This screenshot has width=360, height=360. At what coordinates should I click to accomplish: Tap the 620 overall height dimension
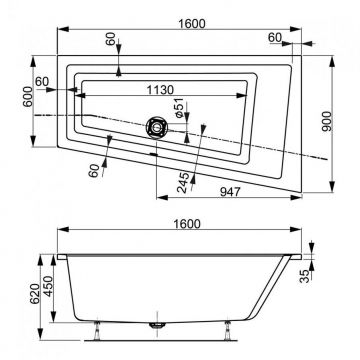pos(9,290)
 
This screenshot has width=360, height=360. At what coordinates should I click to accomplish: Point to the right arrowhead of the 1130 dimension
pos(230,97)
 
